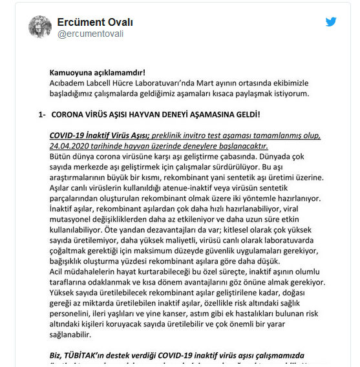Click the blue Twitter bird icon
pos(331,22)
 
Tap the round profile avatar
pos(39,26)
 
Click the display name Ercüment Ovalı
pos(96,21)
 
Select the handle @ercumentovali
pos(90,34)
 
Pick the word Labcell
pos(107,83)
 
